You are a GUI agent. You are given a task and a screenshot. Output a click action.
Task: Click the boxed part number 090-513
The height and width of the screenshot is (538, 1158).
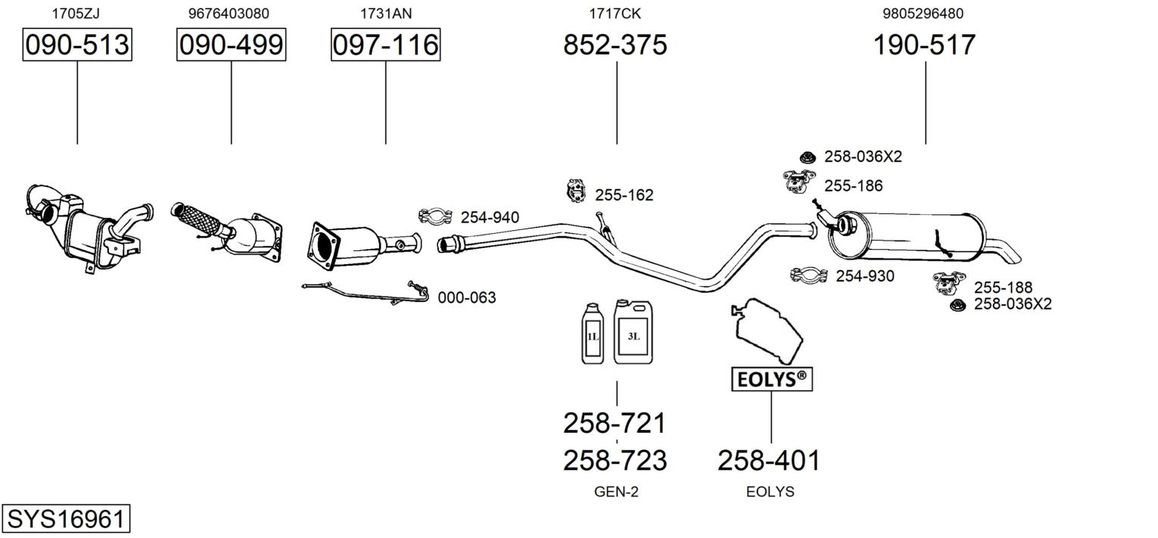[x=77, y=45]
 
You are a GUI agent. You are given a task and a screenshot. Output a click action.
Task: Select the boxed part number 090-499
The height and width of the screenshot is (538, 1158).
[x=231, y=45]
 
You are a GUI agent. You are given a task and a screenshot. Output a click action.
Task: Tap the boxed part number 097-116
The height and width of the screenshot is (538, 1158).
[x=386, y=45]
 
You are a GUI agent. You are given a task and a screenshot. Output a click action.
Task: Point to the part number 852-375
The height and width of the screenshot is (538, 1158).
[x=615, y=45]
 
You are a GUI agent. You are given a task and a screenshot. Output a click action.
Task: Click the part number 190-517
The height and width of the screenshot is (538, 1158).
[x=924, y=45]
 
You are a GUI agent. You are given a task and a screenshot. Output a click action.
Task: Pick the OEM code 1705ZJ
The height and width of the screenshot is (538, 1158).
[x=76, y=14]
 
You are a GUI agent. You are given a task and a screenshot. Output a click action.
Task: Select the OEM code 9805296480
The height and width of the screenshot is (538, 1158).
[x=923, y=14]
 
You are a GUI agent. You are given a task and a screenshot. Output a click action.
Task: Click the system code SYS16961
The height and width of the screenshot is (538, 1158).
[x=66, y=518]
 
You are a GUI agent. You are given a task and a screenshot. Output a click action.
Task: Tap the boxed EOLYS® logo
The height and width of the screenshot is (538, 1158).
[x=772, y=379]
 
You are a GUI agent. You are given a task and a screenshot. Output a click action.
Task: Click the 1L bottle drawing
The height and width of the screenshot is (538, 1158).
[x=593, y=333]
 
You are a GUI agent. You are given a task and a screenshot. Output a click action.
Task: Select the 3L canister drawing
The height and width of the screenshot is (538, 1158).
[x=633, y=331]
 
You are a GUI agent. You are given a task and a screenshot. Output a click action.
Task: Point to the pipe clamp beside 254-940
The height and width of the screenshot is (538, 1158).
[x=435, y=216]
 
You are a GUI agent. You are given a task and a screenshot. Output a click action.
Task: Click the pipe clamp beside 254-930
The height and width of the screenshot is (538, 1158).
[x=808, y=275]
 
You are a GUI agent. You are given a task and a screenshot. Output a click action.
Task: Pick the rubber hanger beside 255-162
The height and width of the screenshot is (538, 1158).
[x=575, y=191]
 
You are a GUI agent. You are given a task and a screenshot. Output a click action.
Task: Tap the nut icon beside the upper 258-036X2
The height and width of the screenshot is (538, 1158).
[x=807, y=156]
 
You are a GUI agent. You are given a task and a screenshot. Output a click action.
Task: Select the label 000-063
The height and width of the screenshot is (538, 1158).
[x=466, y=297]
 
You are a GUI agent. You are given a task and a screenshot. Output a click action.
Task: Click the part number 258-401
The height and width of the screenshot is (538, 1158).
[x=769, y=461]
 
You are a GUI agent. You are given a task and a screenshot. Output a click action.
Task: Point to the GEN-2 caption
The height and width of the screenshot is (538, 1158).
[x=616, y=492]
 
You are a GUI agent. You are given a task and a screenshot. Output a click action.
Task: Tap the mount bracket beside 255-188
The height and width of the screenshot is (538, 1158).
[x=949, y=283]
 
